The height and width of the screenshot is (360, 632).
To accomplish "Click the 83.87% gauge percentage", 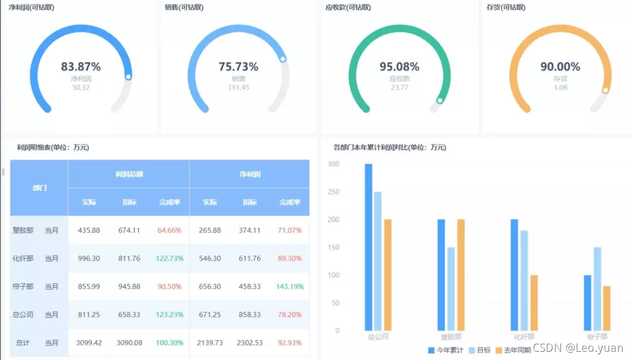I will point(81,67).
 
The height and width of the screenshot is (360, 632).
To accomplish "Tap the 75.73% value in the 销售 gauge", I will point(239,67).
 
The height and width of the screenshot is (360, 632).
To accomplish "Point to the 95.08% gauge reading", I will point(399,67).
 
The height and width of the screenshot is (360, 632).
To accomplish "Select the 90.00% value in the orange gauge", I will point(560,67).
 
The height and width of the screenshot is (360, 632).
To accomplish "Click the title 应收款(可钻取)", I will point(348,8).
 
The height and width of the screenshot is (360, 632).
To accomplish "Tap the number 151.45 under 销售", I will point(239,88).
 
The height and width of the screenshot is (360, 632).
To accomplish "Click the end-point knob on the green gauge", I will point(439,101).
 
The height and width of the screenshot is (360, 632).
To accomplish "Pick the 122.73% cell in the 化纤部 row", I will point(170,259).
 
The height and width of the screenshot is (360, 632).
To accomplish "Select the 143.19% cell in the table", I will point(290,287).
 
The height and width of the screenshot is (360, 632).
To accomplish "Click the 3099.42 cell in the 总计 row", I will point(89,343).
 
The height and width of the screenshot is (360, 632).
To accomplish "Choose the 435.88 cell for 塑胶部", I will point(89,231).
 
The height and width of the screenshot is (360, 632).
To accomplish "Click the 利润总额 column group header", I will point(129,174).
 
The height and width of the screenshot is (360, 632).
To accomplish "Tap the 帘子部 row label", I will point(23,287).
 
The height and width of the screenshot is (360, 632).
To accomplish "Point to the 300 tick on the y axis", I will point(334,164).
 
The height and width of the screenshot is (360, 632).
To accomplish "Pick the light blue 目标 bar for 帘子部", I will point(597,289).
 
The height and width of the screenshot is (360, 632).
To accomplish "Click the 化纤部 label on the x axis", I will point(524,337).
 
